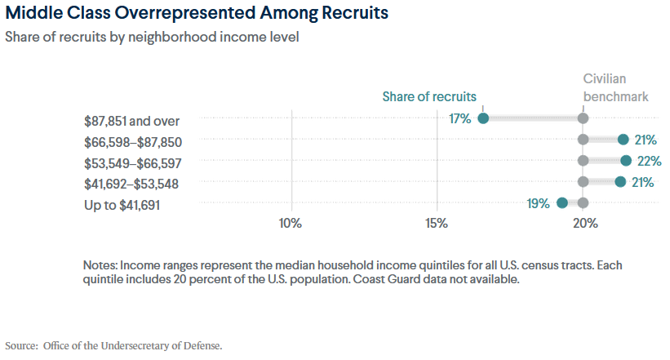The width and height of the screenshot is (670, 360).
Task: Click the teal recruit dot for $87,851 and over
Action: coord(483,118)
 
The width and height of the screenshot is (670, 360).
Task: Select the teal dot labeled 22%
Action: coord(626,161)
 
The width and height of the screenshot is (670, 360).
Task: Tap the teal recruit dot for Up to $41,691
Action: coord(561,203)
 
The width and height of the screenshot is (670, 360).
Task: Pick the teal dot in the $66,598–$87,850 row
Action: coord(623,140)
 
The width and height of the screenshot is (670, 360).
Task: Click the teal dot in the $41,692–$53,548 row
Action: coord(620,182)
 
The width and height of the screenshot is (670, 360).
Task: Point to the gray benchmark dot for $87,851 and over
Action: coord(583,118)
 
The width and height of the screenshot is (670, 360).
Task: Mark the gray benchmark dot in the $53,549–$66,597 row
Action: coord(583,161)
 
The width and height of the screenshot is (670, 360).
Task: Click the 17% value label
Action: coord(460,118)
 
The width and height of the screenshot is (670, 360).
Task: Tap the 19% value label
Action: coord(538,203)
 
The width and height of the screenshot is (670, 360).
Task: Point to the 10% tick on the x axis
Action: coord(291,223)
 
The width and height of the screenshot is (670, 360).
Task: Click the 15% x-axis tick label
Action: coord(437,223)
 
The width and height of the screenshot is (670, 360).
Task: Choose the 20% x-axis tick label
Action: coord(585,223)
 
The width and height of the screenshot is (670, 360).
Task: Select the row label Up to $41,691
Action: coord(122,204)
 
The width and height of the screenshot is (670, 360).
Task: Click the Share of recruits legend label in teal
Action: coord(429,96)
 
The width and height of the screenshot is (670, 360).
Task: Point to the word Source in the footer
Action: coord(20,345)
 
